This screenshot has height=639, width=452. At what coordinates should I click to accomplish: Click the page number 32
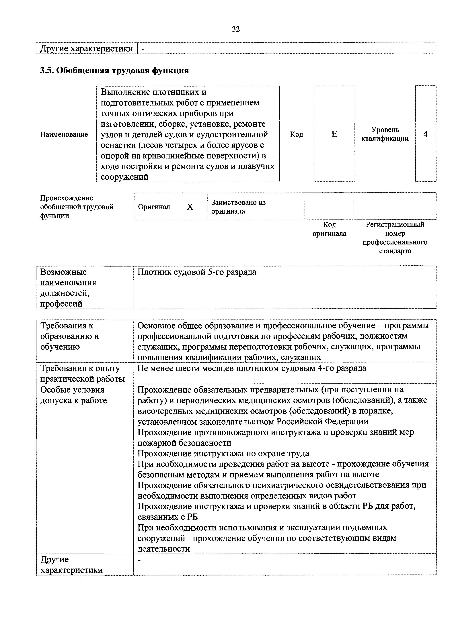(x=236, y=29)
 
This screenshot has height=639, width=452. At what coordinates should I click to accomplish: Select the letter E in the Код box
(x=334, y=134)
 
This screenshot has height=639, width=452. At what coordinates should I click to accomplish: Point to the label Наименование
(x=64, y=134)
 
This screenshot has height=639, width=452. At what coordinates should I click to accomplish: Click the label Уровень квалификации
(x=385, y=134)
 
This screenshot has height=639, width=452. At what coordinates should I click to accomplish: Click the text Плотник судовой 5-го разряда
(x=197, y=272)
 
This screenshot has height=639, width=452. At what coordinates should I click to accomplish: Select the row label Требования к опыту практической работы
(x=82, y=373)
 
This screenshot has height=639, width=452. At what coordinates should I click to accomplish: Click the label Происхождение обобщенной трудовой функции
(x=77, y=207)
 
